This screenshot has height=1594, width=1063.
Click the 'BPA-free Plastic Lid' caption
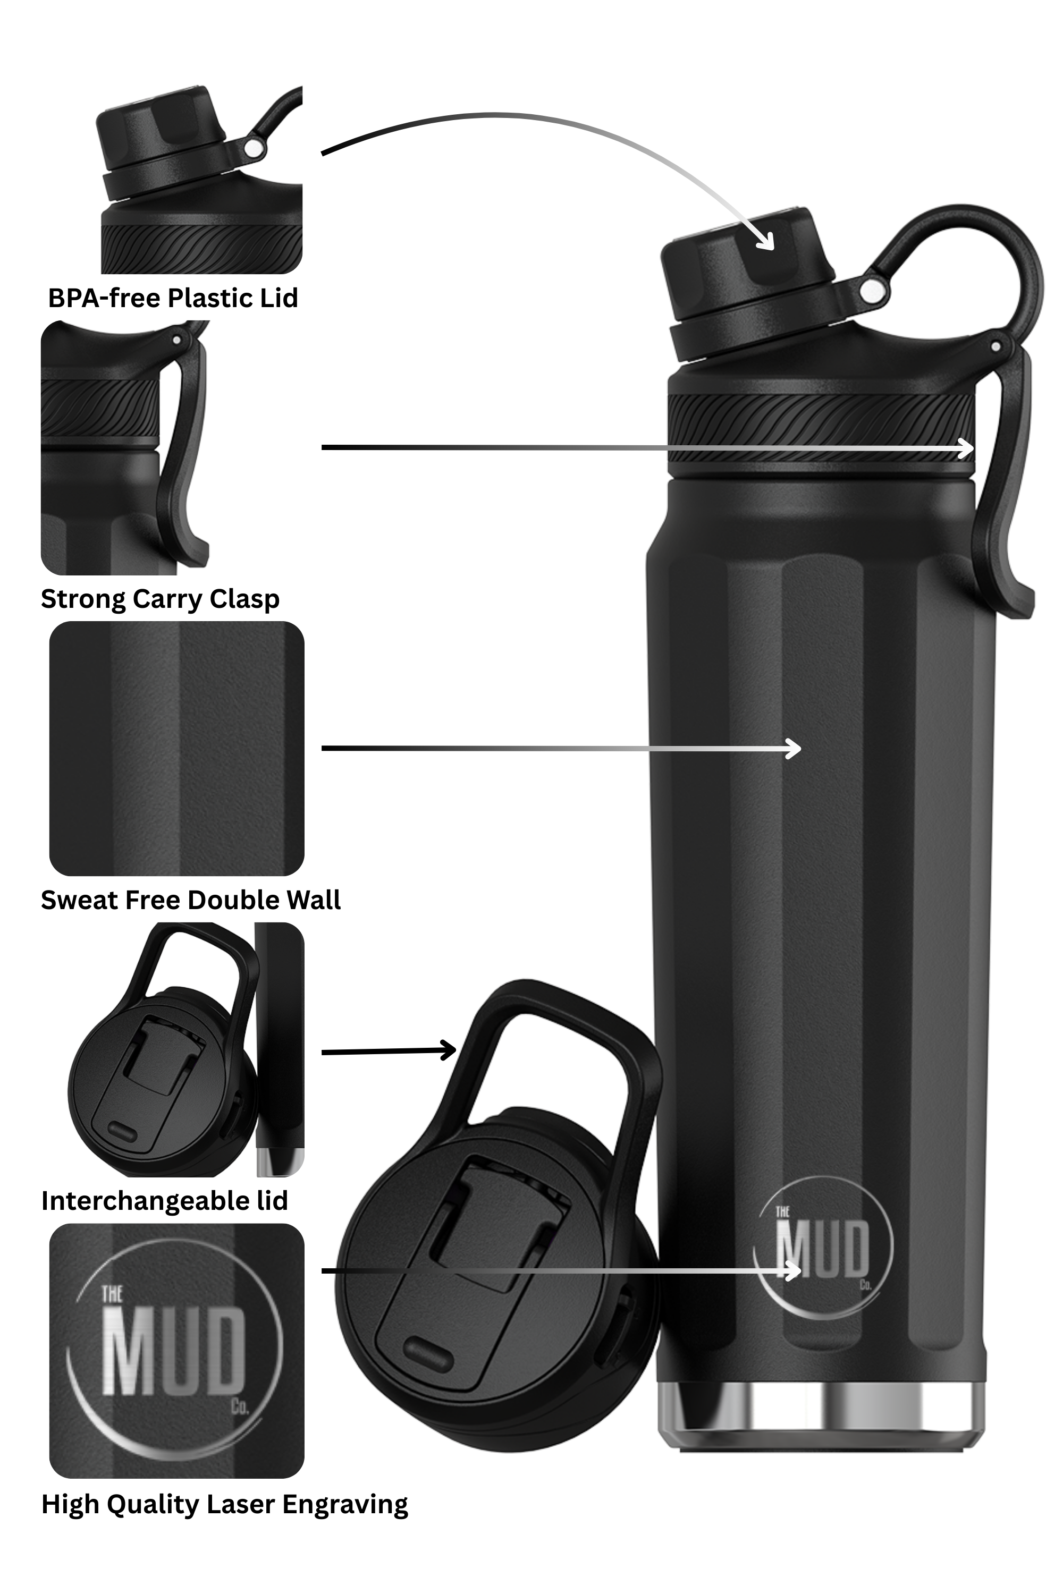tap(173, 298)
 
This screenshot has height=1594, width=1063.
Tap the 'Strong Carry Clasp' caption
tap(160, 599)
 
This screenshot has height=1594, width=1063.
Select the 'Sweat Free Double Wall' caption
tap(190, 900)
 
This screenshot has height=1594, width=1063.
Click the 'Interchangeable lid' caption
tap(165, 1201)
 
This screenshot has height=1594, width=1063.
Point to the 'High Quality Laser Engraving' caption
tap(224, 1504)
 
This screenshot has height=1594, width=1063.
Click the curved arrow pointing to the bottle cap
tap(542, 135)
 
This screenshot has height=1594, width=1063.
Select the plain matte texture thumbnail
tap(176, 748)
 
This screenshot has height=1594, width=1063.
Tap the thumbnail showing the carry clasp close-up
tap(125, 447)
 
